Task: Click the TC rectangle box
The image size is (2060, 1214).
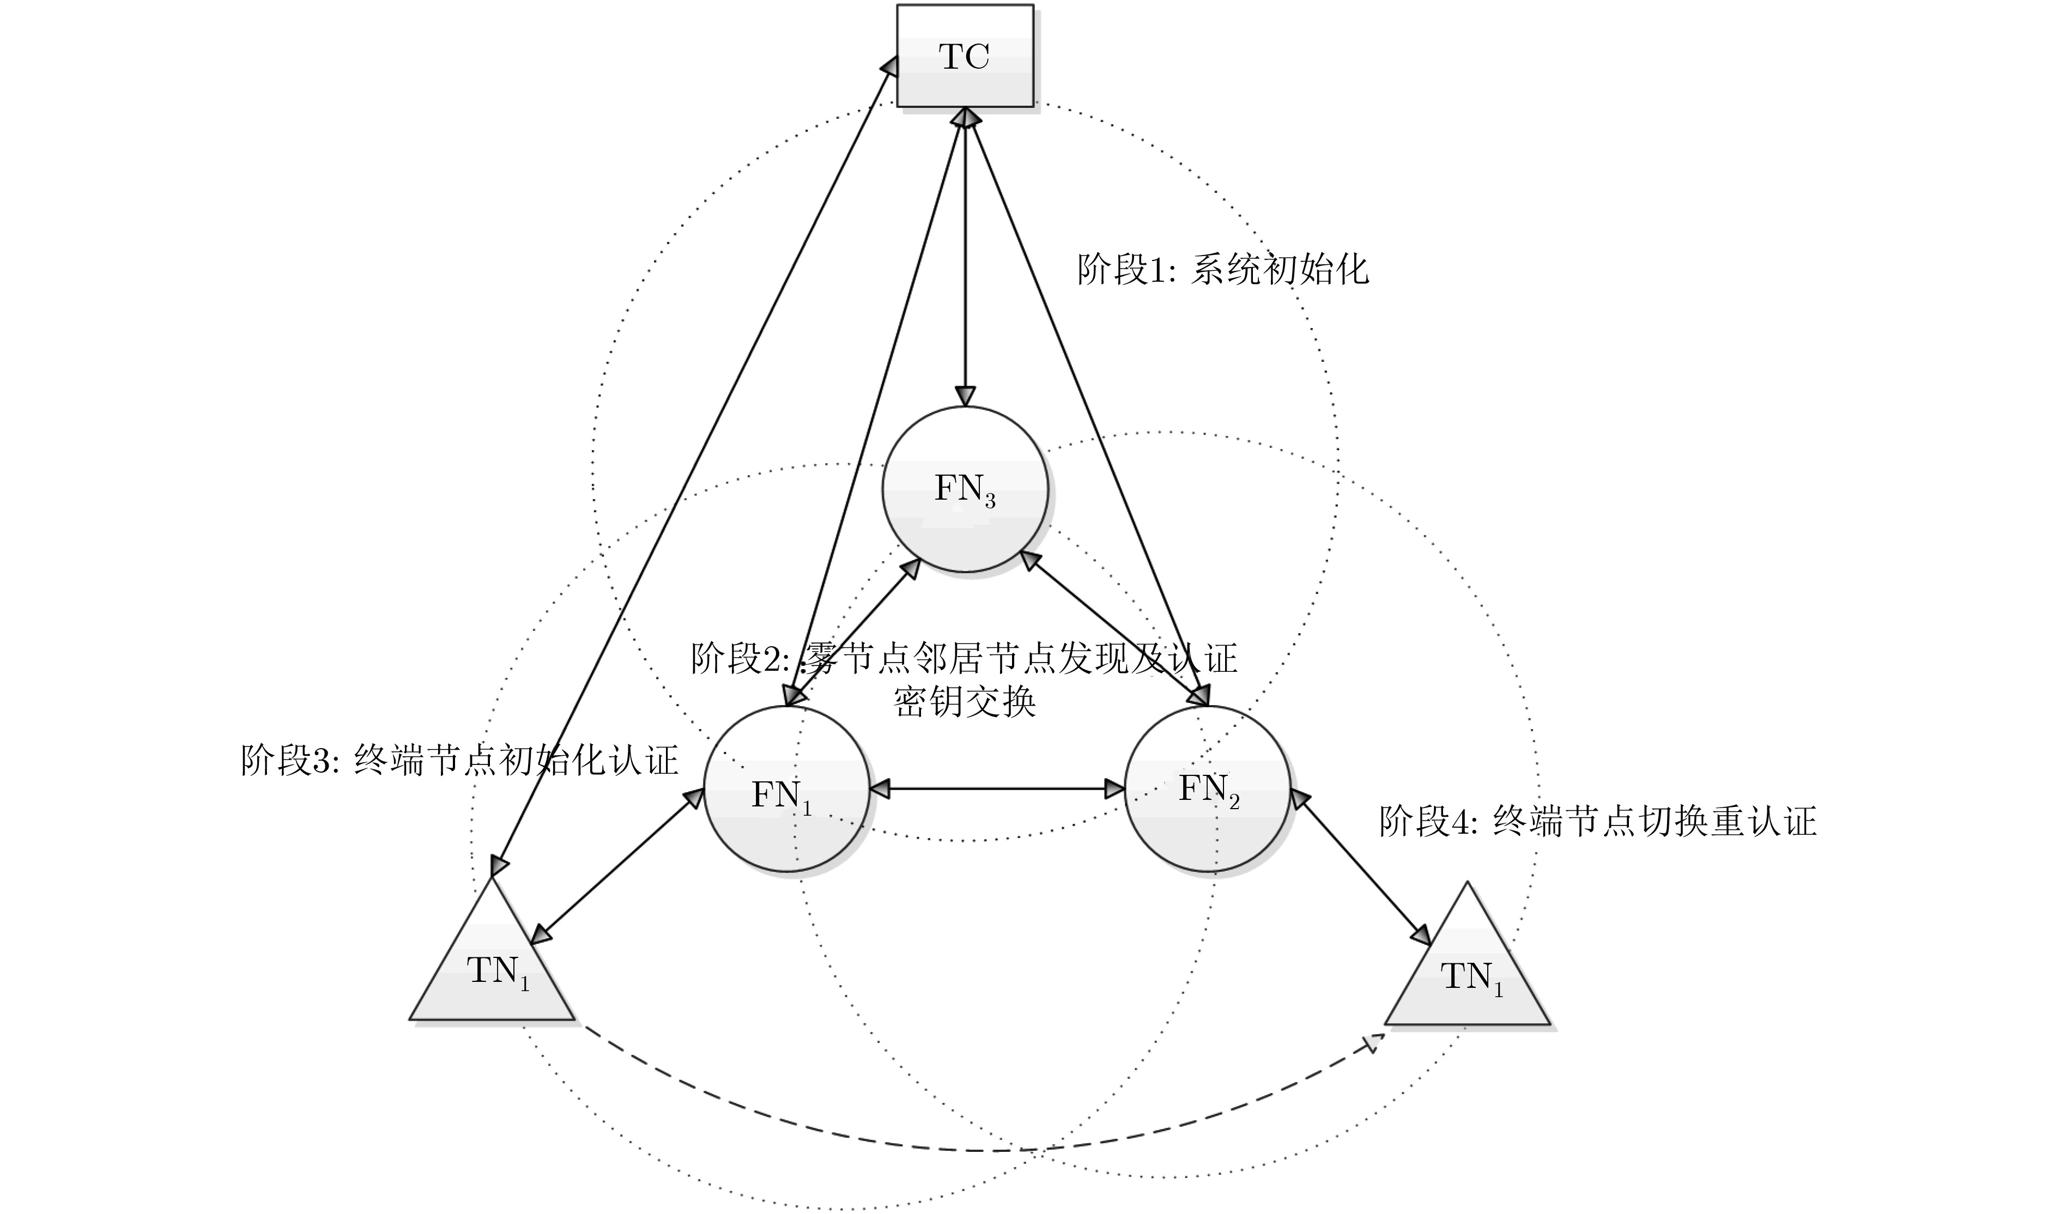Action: pos(965,56)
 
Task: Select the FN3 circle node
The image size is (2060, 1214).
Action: pos(965,489)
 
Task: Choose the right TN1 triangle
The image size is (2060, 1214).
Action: pos(1467,974)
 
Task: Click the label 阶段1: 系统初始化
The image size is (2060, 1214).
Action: pos(1222,269)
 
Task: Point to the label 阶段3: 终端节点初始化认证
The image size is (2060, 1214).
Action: pos(460,760)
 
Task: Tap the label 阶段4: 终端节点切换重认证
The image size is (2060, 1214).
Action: pos(1598,821)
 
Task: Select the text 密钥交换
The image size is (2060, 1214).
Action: pos(965,702)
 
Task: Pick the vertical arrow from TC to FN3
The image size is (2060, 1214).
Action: pos(966,262)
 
